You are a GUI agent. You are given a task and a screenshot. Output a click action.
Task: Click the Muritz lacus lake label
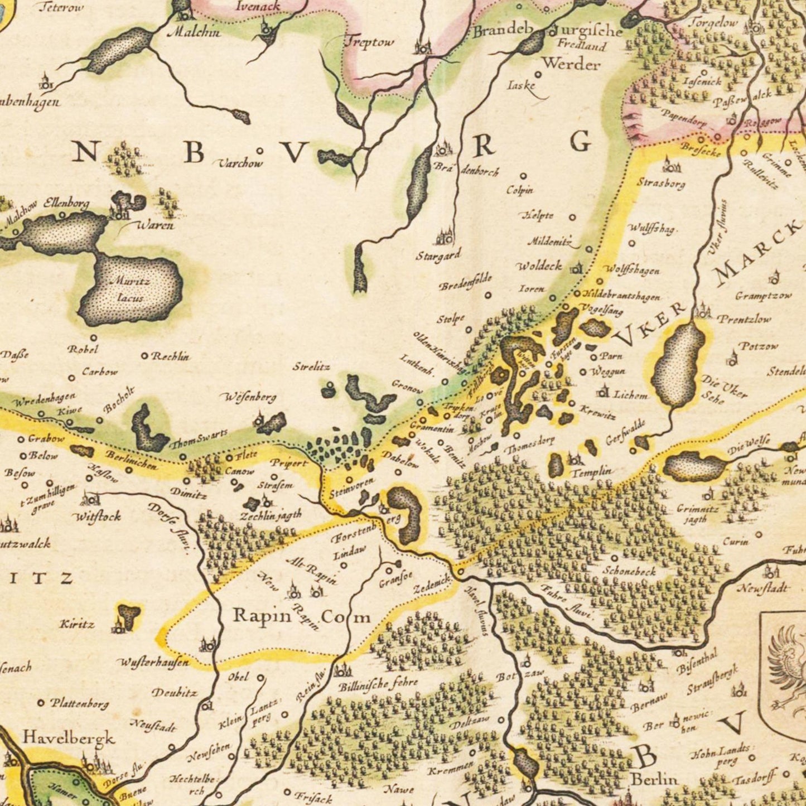130,289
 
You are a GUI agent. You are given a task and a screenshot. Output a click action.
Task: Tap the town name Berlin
654,779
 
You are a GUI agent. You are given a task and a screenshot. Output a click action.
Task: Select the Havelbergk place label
69,737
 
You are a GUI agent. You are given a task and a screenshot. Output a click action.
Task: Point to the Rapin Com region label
301,616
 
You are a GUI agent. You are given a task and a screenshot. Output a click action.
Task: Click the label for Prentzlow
745,319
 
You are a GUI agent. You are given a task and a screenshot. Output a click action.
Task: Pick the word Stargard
438,255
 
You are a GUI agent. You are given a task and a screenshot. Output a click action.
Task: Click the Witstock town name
98,516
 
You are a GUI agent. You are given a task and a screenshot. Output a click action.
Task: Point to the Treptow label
369,42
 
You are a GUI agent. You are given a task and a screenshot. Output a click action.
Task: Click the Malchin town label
194,32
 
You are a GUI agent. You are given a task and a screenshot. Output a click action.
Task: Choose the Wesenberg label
250,397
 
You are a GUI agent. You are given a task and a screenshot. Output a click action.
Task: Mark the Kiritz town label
78,624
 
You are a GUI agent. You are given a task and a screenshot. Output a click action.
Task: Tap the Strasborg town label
661,182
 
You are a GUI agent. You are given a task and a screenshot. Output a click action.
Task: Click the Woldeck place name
539,266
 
